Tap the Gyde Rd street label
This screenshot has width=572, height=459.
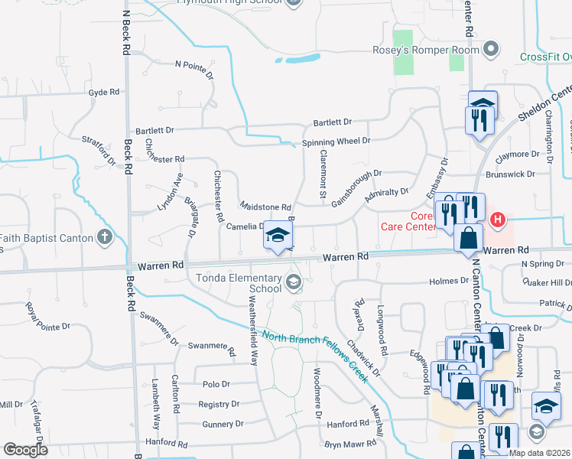coord(104,92)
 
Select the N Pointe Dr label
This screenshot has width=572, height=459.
coord(193,68)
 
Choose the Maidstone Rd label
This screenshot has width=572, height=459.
coord(266,207)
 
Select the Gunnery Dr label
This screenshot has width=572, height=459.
coord(223,423)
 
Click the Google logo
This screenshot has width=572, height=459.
coord(25,450)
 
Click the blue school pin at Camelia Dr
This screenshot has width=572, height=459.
coord(278,237)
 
